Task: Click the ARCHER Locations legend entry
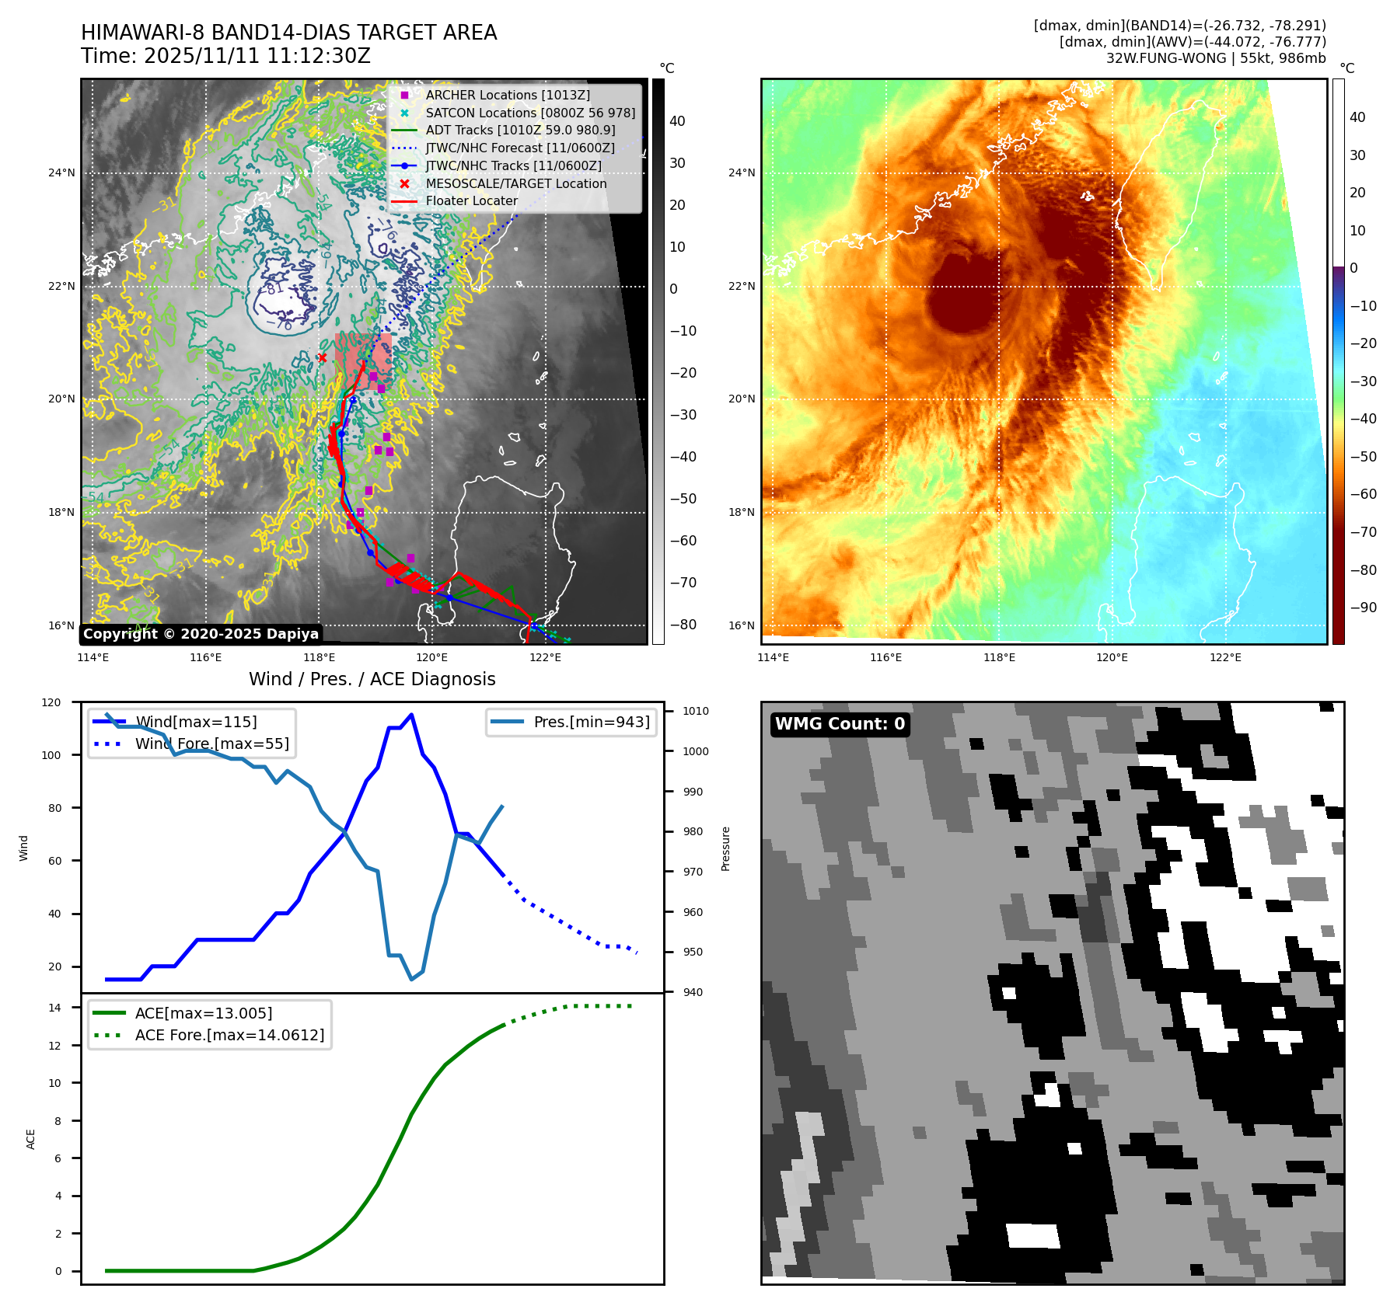[x=507, y=96]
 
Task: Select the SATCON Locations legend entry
[x=529, y=113]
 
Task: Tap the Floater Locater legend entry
[x=471, y=201]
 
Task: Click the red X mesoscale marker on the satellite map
[x=322, y=358]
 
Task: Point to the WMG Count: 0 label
[x=840, y=724]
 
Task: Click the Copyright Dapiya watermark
[x=201, y=634]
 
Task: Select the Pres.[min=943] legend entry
[x=591, y=722]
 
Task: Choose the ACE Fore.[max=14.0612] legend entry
[x=229, y=1035]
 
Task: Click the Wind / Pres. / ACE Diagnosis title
[x=372, y=679]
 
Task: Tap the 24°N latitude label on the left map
[x=61, y=173]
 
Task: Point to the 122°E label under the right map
[x=1225, y=658]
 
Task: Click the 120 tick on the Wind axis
[x=51, y=702]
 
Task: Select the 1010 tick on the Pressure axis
[x=696, y=711]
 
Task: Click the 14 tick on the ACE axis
[x=55, y=1008]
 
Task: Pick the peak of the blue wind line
[x=411, y=715]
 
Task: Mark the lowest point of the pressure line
[x=412, y=979]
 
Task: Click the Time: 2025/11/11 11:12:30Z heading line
[x=225, y=57]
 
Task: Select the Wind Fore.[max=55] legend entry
[x=211, y=744]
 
